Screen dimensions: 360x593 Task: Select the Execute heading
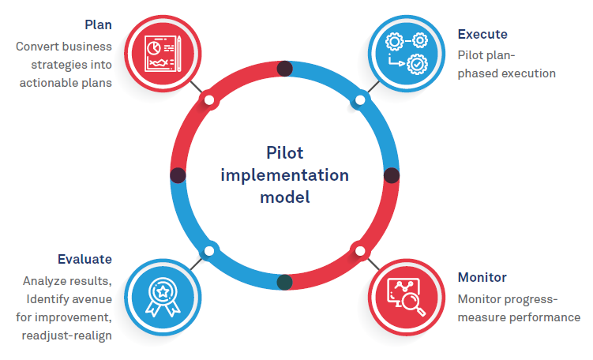tap(482, 35)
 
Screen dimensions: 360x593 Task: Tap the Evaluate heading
tap(84, 259)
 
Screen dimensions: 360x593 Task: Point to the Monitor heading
tap(482, 278)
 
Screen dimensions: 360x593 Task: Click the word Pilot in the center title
tap(284, 152)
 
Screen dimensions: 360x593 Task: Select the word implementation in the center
tap(284, 174)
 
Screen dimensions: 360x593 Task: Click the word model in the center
tap(284, 197)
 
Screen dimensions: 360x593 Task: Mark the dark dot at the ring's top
tap(285, 69)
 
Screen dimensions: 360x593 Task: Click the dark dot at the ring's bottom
tap(285, 281)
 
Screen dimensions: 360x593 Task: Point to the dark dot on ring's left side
tap(178, 174)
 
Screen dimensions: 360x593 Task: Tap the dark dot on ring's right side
tap(391, 174)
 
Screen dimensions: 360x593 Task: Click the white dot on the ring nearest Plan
tap(208, 99)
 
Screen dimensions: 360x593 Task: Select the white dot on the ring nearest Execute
tap(360, 100)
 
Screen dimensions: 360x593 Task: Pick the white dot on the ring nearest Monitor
tap(360, 251)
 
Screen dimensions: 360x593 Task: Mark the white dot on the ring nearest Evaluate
tap(208, 251)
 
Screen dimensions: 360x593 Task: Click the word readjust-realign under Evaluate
tap(67, 336)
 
